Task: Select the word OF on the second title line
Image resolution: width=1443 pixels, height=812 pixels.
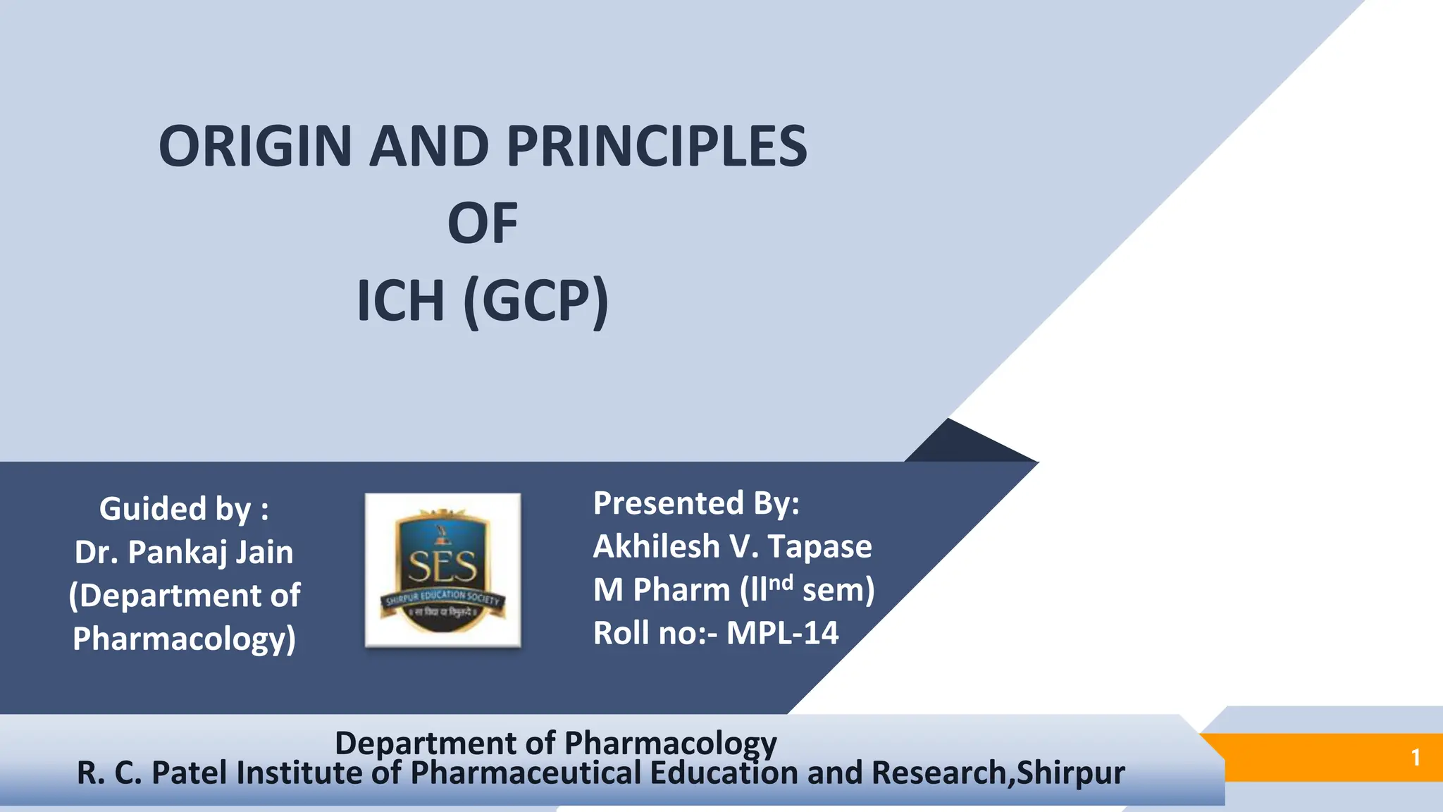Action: [483, 223]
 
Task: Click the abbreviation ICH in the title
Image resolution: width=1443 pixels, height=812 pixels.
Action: [400, 301]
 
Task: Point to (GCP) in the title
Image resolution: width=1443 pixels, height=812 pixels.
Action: [535, 301]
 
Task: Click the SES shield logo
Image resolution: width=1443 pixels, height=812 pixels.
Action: [442, 570]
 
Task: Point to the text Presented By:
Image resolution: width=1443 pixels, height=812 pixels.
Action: [696, 503]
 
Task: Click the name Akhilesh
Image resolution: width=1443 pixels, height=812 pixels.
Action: [655, 546]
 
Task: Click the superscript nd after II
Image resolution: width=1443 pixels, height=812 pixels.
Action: [781, 582]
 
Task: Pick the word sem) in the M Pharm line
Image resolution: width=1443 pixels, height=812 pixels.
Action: [838, 590]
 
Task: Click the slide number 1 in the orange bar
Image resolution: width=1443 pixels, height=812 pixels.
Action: [1415, 758]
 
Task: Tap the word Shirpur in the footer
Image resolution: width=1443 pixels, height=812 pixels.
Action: [1071, 773]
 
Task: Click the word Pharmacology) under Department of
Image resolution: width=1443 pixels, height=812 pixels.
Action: [184, 639]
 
